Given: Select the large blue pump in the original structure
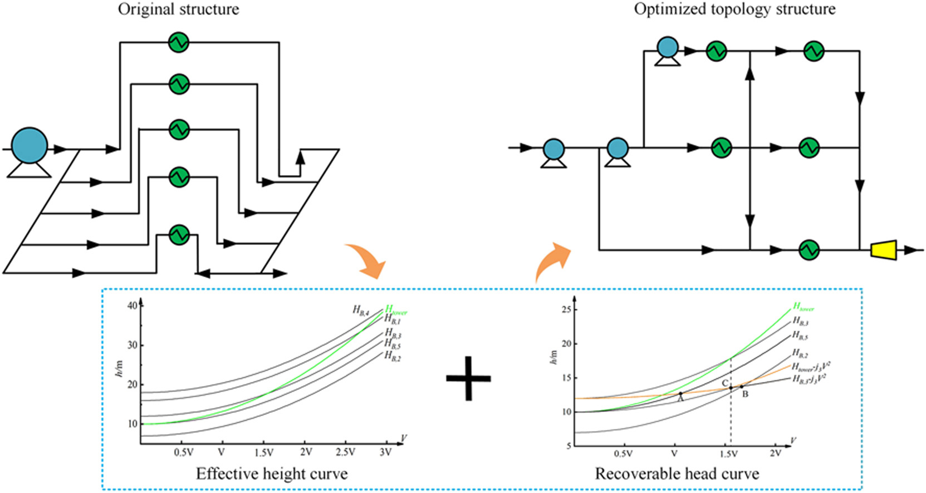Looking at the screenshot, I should pyautogui.click(x=30, y=146).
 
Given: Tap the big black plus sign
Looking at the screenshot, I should pyautogui.click(x=468, y=378).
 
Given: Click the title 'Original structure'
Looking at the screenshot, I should pyautogui.click(x=178, y=9).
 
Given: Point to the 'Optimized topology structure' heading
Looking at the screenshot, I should pyautogui.click(x=734, y=9).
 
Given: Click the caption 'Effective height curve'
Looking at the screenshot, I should pyautogui.click(x=272, y=474).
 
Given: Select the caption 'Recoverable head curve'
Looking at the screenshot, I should pyautogui.click(x=677, y=474).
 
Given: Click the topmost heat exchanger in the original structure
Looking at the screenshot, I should pyautogui.click(x=179, y=42).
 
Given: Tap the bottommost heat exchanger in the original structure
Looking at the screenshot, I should pyautogui.click(x=179, y=234).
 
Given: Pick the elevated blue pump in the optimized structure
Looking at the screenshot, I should pyautogui.click(x=667, y=48).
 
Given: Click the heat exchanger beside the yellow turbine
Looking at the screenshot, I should pyautogui.click(x=809, y=250).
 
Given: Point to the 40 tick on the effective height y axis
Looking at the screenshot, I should pyautogui.click(x=132, y=305).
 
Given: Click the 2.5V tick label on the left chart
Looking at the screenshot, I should pyautogui.click(x=345, y=452).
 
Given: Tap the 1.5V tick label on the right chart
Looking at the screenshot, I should pyautogui.click(x=729, y=454).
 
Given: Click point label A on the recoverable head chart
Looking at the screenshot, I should pyautogui.click(x=680, y=399).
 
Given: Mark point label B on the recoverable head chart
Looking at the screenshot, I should pyautogui.click(x=746, y=395).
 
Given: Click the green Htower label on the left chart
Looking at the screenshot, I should pyautogui.click(x=396, y=310).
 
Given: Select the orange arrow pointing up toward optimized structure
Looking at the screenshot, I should pyautogui.click(x=551, y=260).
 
